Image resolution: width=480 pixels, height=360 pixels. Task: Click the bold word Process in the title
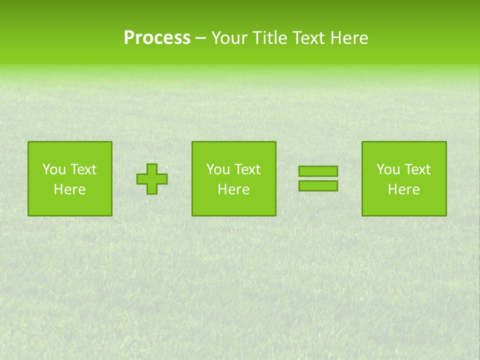[157, 38]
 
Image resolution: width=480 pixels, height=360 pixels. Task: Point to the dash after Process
[201, 38]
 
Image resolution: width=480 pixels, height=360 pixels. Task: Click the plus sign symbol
[152, 179]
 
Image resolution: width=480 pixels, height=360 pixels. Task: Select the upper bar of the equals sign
[318, 171]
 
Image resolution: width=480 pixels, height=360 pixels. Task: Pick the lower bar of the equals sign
[318, 186]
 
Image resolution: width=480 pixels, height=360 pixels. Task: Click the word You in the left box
[54, 169]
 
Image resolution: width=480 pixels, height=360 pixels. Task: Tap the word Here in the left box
[69, 189]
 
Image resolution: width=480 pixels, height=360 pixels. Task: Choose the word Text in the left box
[83, 169]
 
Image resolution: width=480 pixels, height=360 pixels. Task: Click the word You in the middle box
[218, 169]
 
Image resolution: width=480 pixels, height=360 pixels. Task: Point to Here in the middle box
[233, 189]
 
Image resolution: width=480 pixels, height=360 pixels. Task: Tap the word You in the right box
[388, 169]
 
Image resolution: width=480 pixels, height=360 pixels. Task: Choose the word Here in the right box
[403, 189]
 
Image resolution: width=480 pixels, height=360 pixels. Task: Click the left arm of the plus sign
[142, 179]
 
